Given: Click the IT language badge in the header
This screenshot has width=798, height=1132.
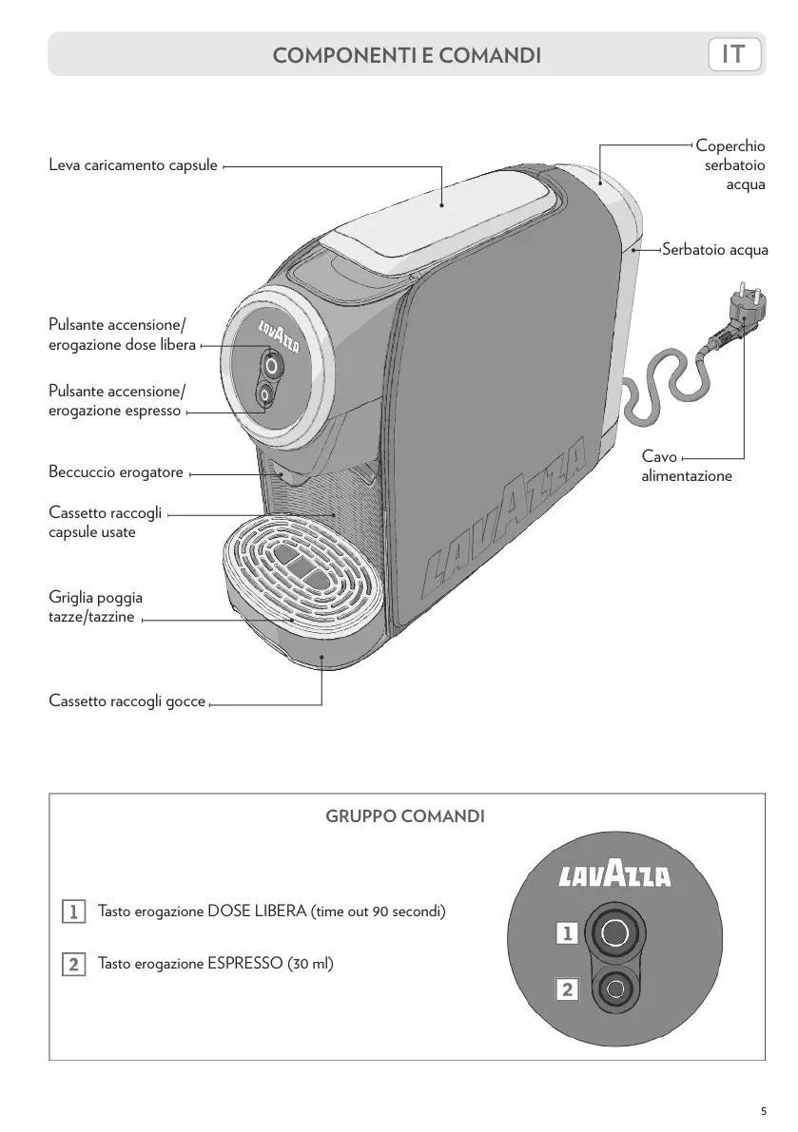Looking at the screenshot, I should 734,55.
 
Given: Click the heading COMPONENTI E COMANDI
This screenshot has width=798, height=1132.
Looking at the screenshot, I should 407,56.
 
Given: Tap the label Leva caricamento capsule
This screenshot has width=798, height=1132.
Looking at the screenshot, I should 133,165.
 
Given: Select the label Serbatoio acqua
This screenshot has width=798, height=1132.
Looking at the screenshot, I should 714,250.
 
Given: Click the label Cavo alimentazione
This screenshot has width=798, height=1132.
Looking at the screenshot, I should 687,467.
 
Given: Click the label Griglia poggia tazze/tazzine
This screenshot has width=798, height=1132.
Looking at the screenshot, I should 95,608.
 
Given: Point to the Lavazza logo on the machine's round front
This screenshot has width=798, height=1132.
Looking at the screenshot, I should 280,335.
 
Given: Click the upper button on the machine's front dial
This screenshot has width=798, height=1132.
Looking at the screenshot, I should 272,365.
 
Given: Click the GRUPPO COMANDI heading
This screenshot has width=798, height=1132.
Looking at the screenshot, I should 406,816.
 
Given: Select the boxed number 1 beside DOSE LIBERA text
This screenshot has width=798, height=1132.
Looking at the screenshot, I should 72,912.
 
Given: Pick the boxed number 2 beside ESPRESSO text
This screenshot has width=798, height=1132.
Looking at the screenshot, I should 72,964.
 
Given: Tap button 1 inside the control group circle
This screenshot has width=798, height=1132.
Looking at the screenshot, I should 614,933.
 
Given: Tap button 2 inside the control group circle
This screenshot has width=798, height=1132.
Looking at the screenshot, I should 615,988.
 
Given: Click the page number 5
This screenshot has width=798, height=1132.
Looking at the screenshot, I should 763,1111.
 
